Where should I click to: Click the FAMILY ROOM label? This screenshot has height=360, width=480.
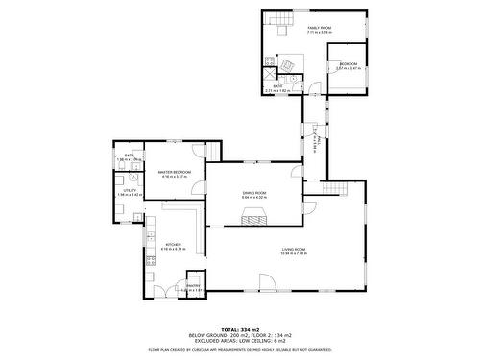[x=319, y=29]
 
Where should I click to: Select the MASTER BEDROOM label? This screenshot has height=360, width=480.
[x=175, y=172]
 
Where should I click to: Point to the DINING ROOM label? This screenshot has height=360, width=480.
[x=254, y=193]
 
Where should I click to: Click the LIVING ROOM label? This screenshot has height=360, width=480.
[x=294, y=251]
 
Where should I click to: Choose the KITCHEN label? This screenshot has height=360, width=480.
[x=173, y=244]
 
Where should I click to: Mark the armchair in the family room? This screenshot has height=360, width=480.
[x=287, y=64]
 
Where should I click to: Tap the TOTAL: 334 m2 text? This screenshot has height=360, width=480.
[x=240, y=328]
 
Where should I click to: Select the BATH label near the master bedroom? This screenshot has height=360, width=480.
[x=129, y=155]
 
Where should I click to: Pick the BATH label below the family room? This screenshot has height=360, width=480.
[x=276, y=86]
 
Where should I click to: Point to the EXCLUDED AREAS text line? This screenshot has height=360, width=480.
[x=240, y=340]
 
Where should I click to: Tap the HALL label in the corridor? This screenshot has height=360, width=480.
[x=317, y=141]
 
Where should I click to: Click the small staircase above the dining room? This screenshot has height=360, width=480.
[x=297, y=174]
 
